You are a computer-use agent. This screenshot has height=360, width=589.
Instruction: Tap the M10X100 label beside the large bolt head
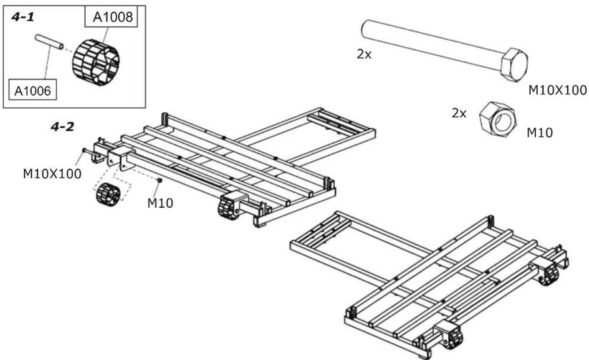pyautogui.click(x=557, y=90)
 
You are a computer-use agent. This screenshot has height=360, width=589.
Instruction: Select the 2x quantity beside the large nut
pyautogui.click(x=459, y=113)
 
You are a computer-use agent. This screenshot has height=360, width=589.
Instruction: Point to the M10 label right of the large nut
pyautogui.click(x=539, y=132)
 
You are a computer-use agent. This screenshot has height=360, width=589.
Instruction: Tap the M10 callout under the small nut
pyautogui.click(x=160, y=203)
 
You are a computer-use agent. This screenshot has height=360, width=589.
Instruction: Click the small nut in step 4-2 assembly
pyautogui.click(x=160, y=180)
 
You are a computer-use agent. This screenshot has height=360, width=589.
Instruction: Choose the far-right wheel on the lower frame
pyautogui.click(x=548, y=274)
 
